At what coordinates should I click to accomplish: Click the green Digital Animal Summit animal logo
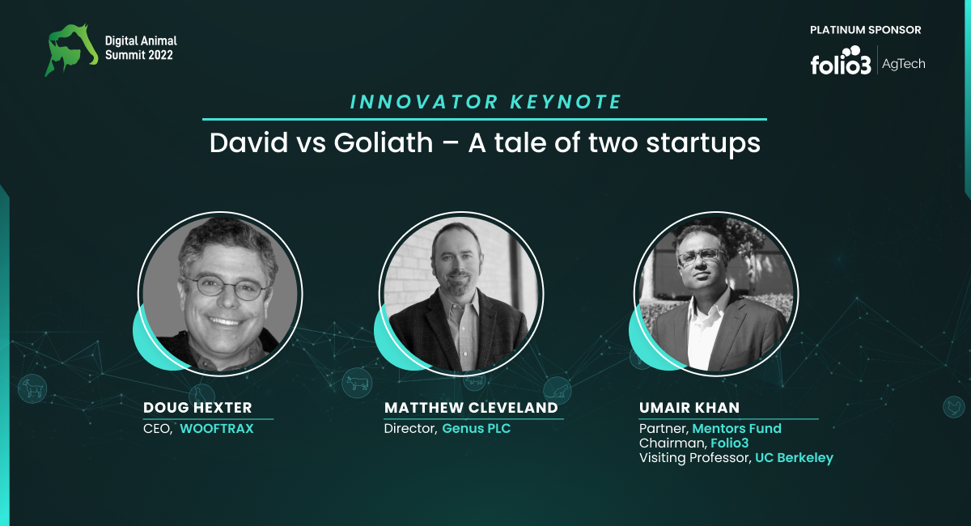(71, 50)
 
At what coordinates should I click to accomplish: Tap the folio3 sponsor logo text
(841, 61)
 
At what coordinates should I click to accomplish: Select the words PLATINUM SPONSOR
(865, 30)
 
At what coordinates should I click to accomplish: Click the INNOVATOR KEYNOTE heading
(486, 102)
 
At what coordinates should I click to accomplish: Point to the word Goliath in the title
(384, 142)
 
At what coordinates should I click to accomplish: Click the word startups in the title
(703, 143)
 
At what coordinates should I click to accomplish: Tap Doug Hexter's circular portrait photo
(220, 294)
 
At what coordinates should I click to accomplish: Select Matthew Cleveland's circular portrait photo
(461, 294)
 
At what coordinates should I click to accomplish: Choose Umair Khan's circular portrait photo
(716, 294)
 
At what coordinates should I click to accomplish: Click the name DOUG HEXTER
(197, 408)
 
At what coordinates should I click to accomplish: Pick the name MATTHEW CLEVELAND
(471, 408)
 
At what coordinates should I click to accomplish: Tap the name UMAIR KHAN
(689, 408)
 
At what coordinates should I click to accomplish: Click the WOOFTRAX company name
(217, 428)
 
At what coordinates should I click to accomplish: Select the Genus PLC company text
(477, 428)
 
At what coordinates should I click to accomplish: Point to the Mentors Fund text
(737, 428)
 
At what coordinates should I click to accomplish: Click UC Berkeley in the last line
(794, 458)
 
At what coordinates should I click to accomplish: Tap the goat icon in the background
(32, 388)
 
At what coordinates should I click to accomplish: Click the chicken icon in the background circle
(954, 407)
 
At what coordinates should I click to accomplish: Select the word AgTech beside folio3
(903, 64)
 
